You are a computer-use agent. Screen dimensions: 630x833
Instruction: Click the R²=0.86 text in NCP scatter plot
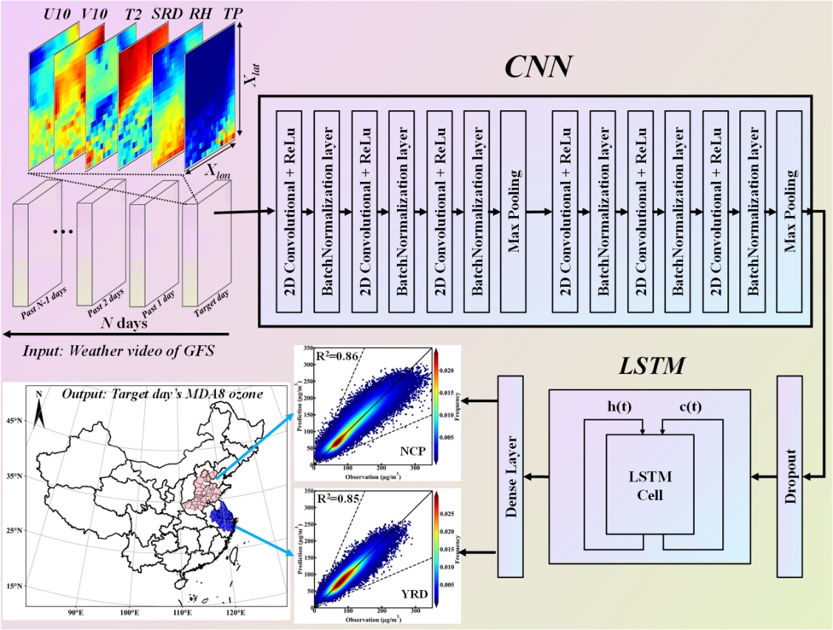(x=337, y=356)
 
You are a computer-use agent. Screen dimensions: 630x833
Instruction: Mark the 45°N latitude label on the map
(x=15, y=421)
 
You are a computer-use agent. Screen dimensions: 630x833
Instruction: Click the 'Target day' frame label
(x=211, y=308)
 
